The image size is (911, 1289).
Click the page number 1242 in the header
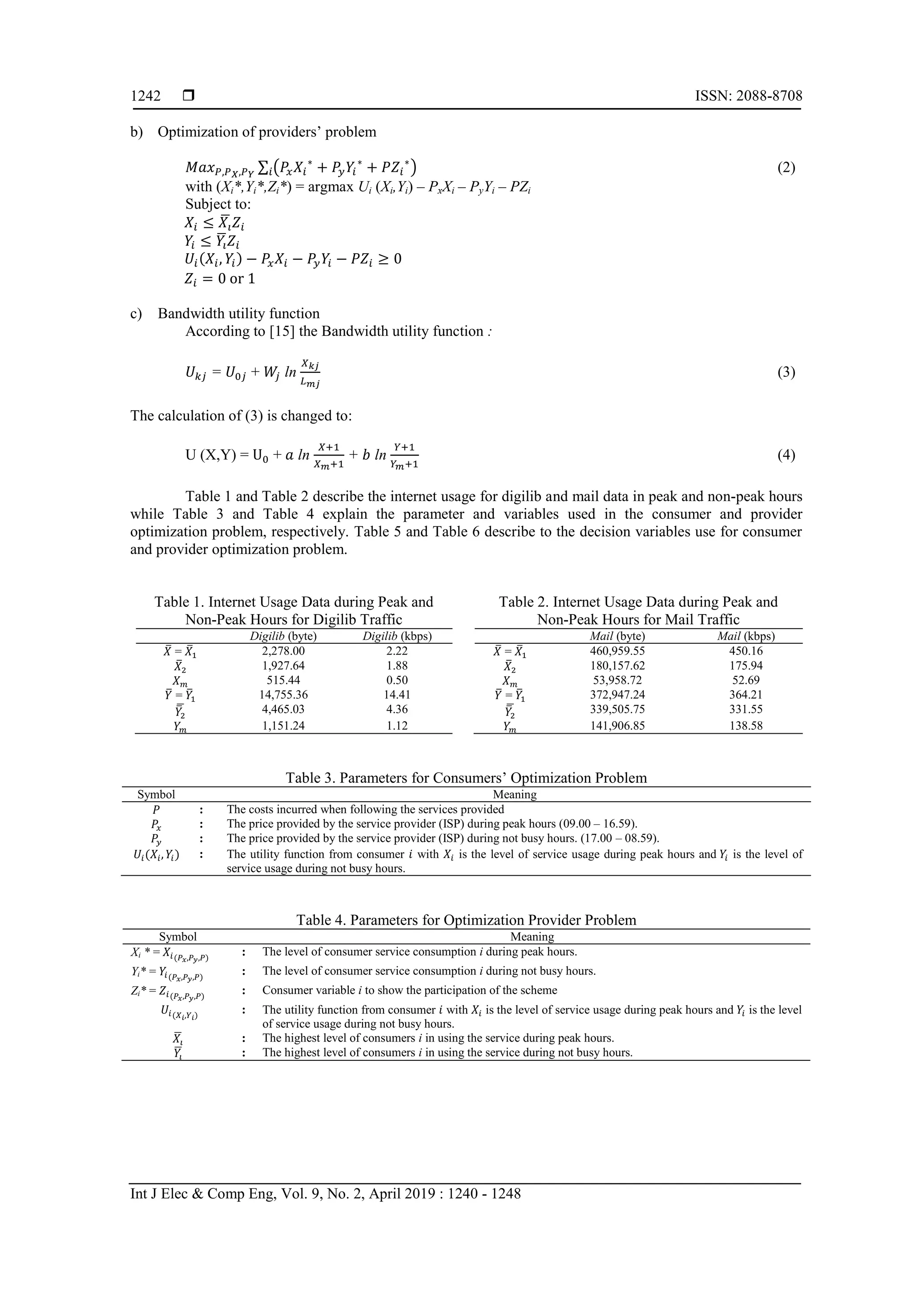(145, 96)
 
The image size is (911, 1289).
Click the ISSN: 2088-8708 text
(748, 96)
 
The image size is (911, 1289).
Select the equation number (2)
(786, 168)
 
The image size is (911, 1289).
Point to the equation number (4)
(786, 455)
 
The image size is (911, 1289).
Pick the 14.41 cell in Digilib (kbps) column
(397, 695)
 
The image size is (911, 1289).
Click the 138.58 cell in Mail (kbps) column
(746, 725)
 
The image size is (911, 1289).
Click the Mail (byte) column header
(617, 636)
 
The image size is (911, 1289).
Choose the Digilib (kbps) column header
(397, 636)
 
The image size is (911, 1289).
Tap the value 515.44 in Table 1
(283, 680)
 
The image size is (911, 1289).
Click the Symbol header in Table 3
(156, 794)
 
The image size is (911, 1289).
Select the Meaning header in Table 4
(532, 937)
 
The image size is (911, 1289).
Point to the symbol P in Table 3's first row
(156, 809)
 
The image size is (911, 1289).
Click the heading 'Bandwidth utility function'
(238, 313)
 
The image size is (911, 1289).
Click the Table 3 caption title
(466, 778)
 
